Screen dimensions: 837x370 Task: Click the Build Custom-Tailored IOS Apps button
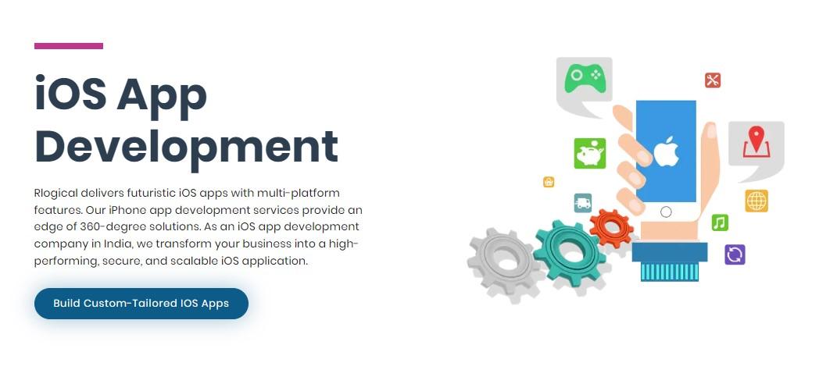(x=141, y=304)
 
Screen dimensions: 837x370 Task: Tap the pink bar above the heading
(x=68, y=46)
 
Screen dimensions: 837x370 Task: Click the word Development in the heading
(x=186, y=146)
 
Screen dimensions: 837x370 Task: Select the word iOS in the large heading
(x=69, y=93)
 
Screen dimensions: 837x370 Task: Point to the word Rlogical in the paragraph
(x=56, y=193)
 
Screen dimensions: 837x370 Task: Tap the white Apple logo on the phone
(x=666, y=151)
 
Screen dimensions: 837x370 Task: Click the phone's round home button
(x=666, y=212)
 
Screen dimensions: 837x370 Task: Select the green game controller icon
(x=585, y=78)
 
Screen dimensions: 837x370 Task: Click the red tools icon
(x=713, y=80)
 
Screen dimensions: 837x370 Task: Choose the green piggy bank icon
(x=590, y=154)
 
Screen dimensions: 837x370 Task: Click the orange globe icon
(x=757, y=201)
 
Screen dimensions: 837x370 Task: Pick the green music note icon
(x=720, y=222)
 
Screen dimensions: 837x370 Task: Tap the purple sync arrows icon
(x=735, y=254)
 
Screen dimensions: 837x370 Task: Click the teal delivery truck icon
(x=583, y=203)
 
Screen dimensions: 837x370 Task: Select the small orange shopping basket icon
(x=549, y=183)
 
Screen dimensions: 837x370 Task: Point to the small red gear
(x=611, y=229)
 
